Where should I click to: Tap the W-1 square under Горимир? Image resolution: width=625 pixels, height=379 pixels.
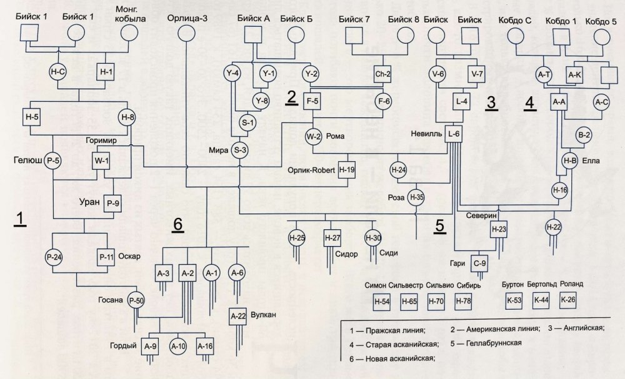(x=101, y=160)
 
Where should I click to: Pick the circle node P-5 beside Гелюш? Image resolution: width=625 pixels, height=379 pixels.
(x=53, y=160)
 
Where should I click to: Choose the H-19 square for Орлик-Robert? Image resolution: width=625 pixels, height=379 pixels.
(x=347, y=169)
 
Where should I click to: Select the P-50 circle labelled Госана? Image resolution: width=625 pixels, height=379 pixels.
(x=136, y=300)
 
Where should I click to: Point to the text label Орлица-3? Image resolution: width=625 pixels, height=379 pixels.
(x=187, y=19)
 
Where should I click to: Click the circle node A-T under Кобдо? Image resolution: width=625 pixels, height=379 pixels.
(x=544, y=75)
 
